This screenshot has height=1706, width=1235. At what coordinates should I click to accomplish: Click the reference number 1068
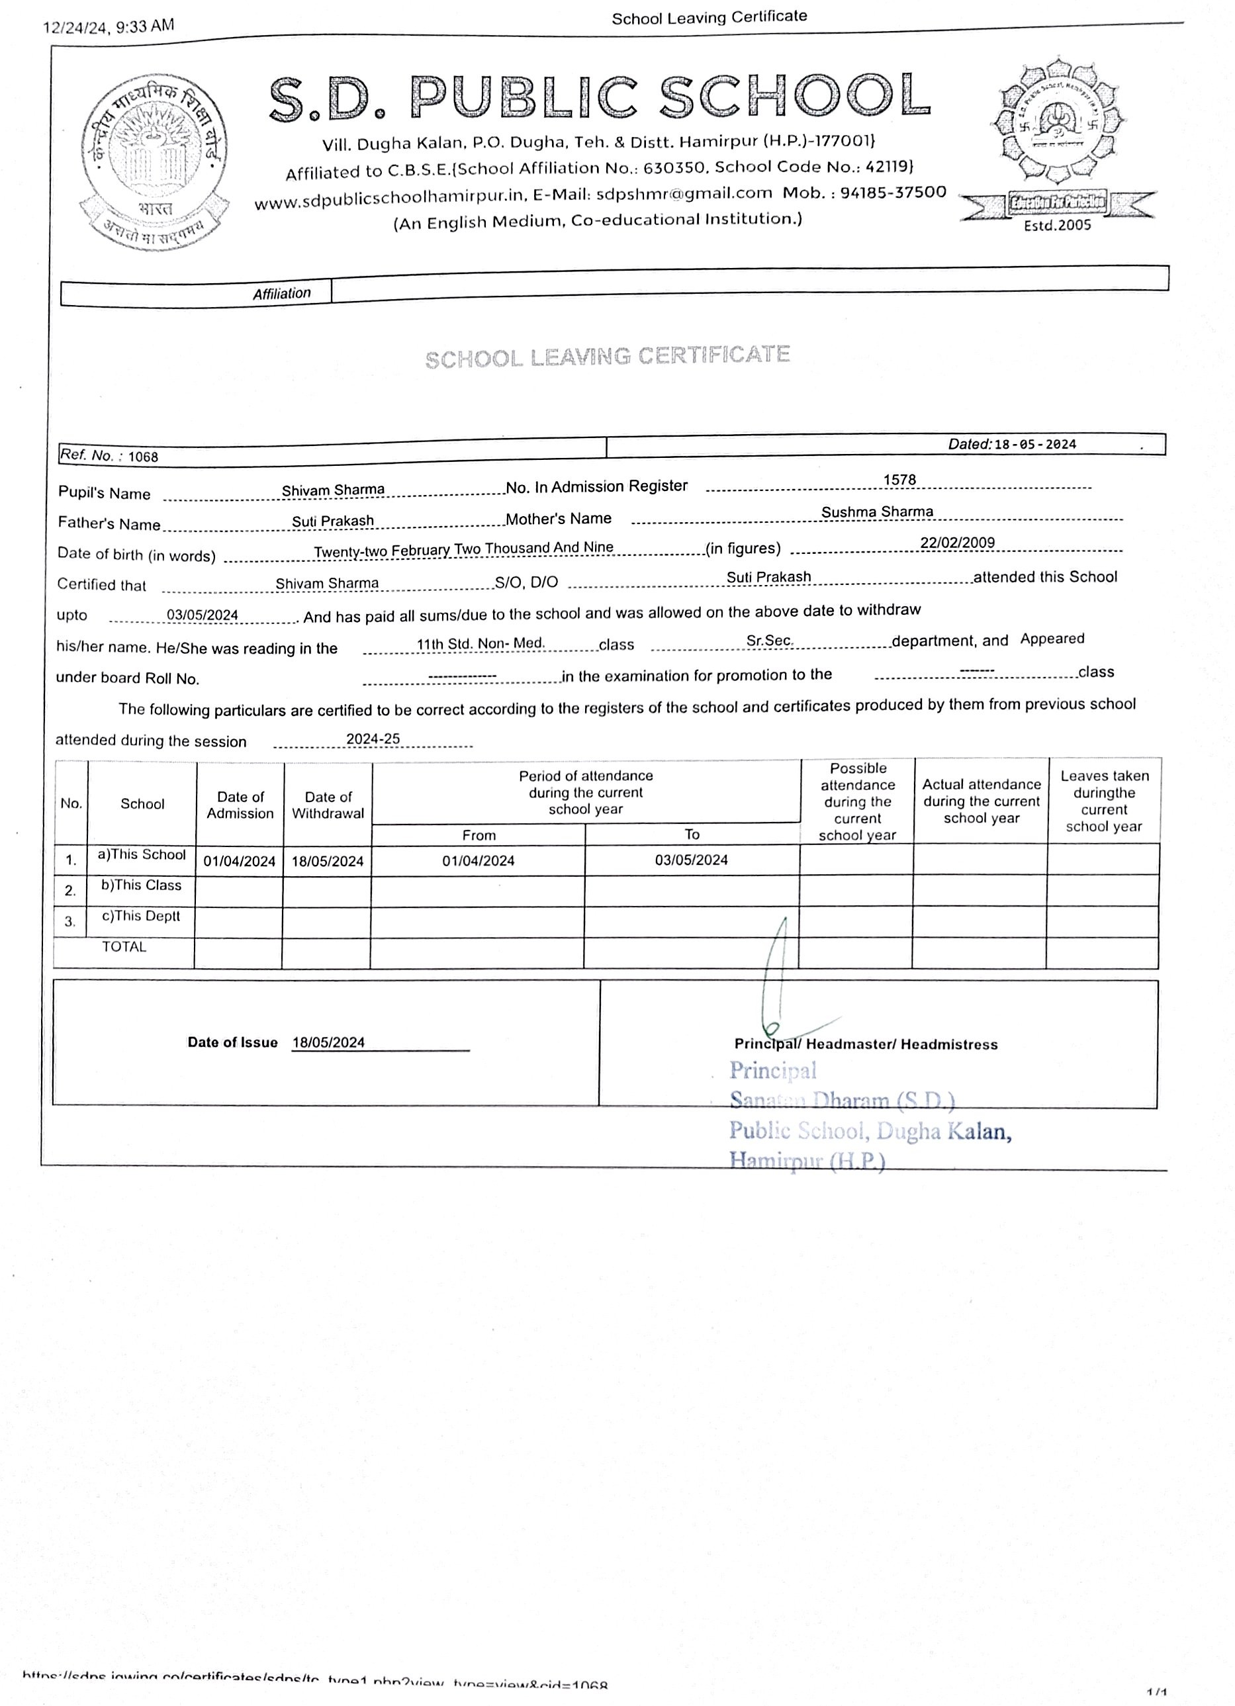(143, 457)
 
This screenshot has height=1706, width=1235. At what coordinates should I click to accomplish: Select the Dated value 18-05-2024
(1034, 444)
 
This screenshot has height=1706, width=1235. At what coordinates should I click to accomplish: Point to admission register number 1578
(899, 480)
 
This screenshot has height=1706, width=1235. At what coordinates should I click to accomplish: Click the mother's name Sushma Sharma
(876, 512)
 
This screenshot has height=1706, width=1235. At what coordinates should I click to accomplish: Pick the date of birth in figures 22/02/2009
(957, 543)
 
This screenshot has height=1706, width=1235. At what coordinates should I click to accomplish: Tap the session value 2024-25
(373, 739)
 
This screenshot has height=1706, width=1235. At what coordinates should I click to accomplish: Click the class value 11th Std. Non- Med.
(480, 643)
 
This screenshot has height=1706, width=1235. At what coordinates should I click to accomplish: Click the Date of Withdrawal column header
(328, 805)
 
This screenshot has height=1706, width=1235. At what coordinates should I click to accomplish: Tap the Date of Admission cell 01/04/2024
(239, 862)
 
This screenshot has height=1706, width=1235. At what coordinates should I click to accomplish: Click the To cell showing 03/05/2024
(690, 860)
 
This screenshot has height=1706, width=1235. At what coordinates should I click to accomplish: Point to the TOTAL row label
(124, 947)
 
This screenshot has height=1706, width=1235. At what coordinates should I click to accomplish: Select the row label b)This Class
(142, 885)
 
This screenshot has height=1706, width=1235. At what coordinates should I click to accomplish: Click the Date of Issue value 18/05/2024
(329, 1042)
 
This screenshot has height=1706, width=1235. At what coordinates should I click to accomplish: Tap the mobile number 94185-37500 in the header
(893, 193)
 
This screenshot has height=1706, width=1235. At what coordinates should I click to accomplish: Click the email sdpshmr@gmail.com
(684, 194)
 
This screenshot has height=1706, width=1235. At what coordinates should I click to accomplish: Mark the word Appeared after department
(1052, 639)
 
